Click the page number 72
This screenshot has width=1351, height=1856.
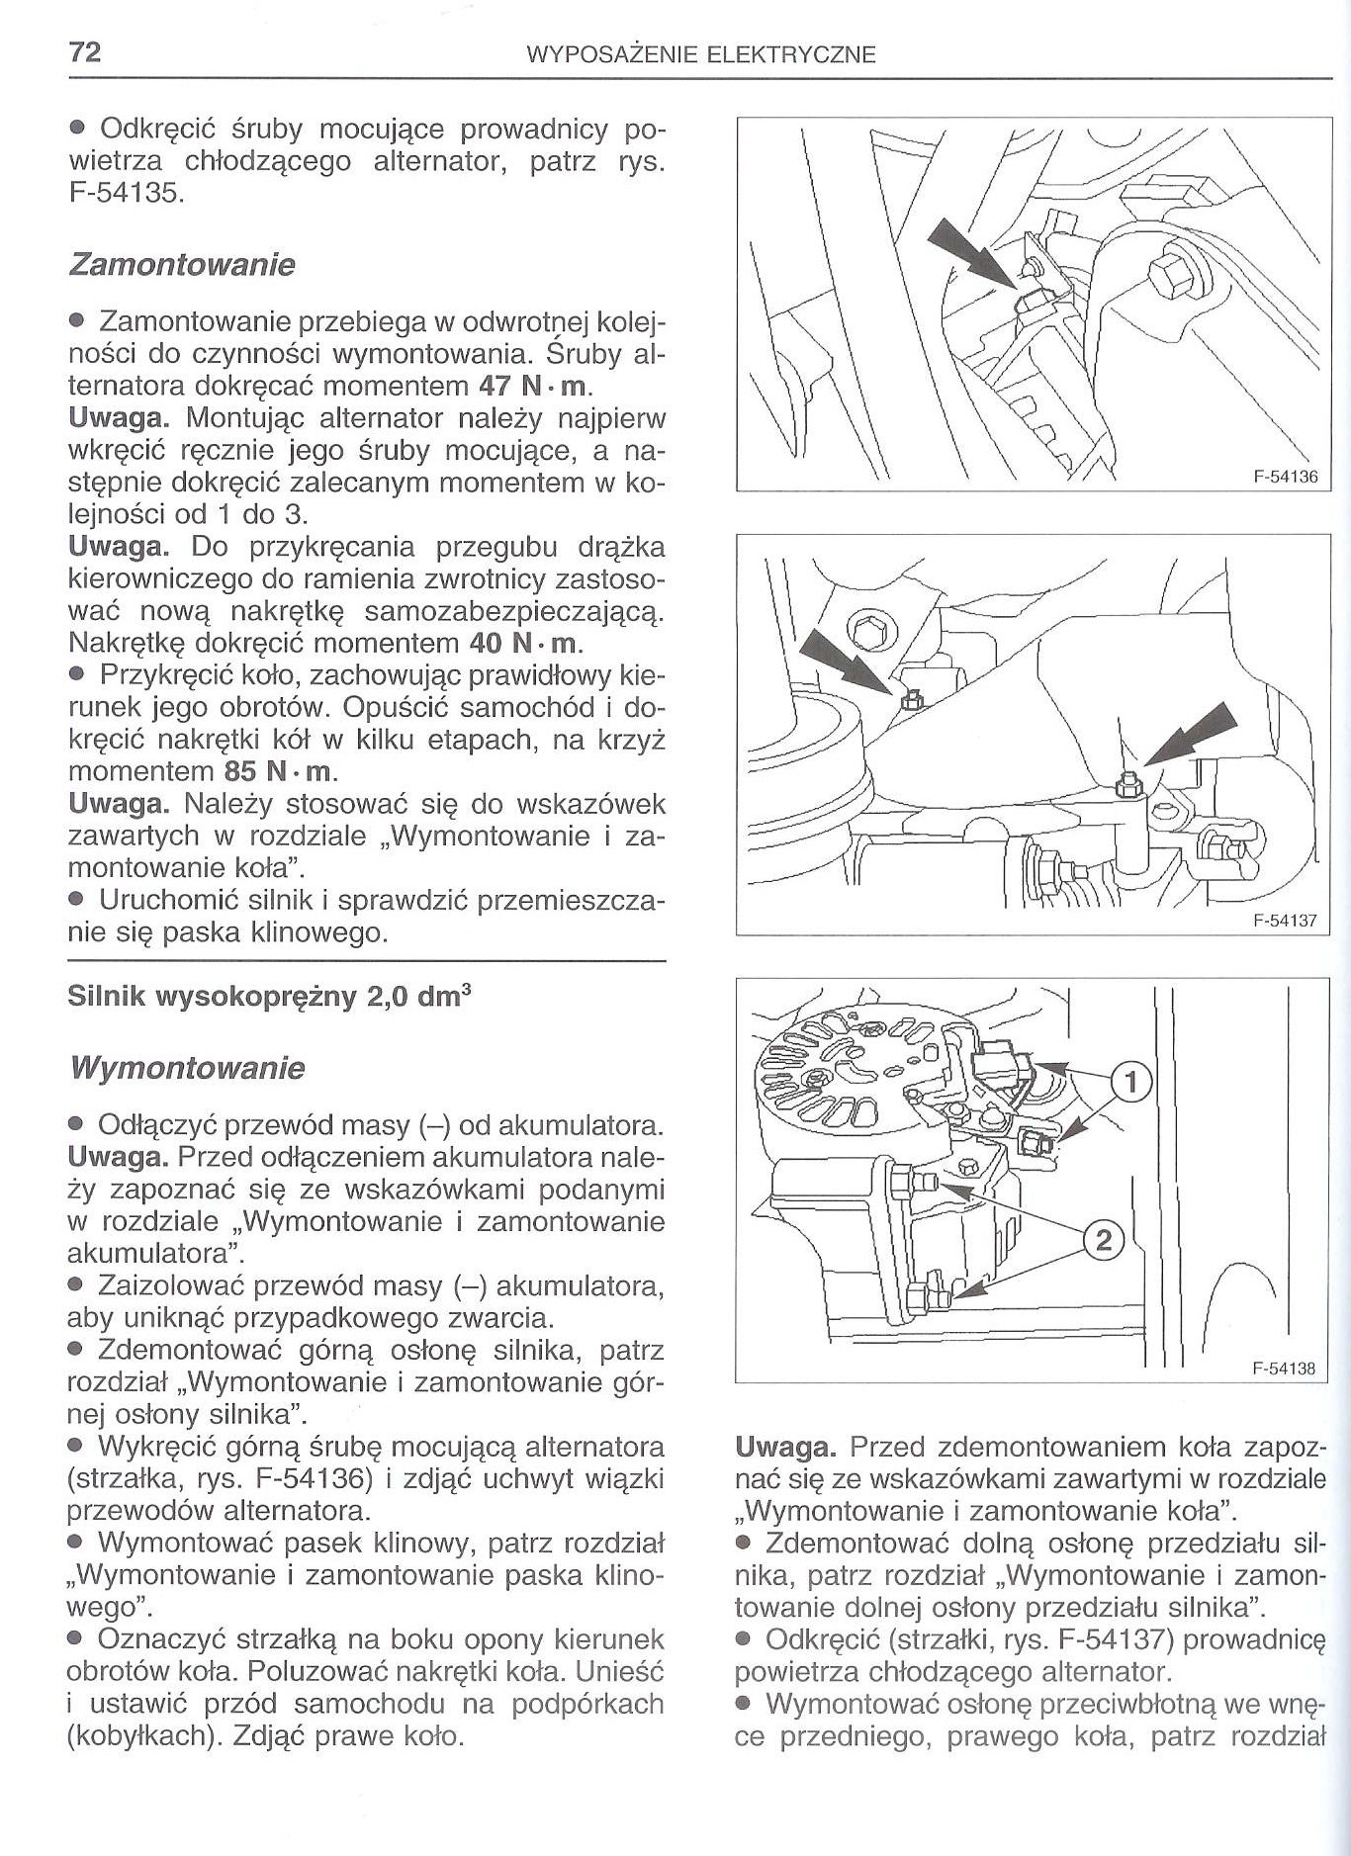tap(84, 52)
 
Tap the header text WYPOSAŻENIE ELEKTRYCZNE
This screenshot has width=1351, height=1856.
tap(702, 54)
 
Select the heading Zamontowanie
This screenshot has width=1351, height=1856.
tap(181, 265)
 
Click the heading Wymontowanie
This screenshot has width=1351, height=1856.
tap(186, 1068)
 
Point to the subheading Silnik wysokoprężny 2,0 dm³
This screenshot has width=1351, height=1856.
tap(268, 997)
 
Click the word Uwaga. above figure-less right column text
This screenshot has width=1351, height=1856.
tap(786, 1449)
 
